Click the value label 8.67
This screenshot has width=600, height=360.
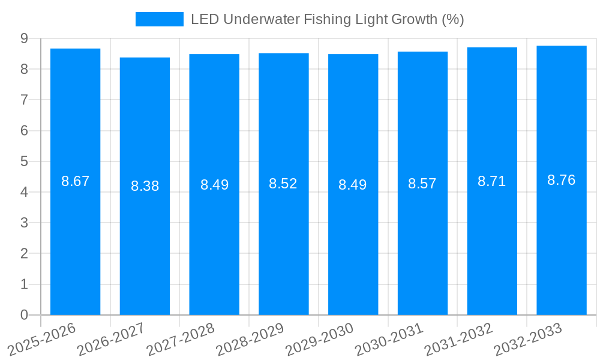click(75, 181)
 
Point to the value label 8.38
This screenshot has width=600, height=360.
click(145, 186)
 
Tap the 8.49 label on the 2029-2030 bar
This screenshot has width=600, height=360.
click(353, 185)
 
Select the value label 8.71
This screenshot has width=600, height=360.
click(492, 181)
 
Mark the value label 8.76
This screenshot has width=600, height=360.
click(562, 180)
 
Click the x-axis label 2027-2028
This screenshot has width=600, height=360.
click(179, 339)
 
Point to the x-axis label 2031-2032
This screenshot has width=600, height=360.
click(458, 339)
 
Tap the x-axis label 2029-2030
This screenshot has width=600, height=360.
click(319, 339)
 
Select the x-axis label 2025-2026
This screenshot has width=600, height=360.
click(41, 339)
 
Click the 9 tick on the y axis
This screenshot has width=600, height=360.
click(24, 38)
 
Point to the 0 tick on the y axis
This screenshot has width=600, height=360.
click(24, 315)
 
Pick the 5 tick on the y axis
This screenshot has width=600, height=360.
click(24, 161)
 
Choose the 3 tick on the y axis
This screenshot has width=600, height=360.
click(24, 223)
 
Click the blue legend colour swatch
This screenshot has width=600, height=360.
click(160, 19)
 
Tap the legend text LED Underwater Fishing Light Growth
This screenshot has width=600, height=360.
click(327, 19)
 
